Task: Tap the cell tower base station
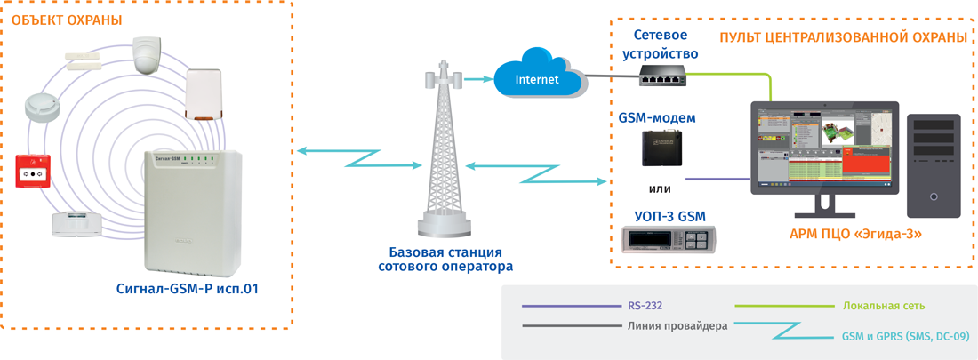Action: pyautogui.click(x=443, y=151)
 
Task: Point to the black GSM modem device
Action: pyautogui.click(x=661, y=148)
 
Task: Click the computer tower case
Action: pyautogui.click(x=934, y=165)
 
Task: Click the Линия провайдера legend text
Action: pyautogui.click(x=677, y=326)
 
